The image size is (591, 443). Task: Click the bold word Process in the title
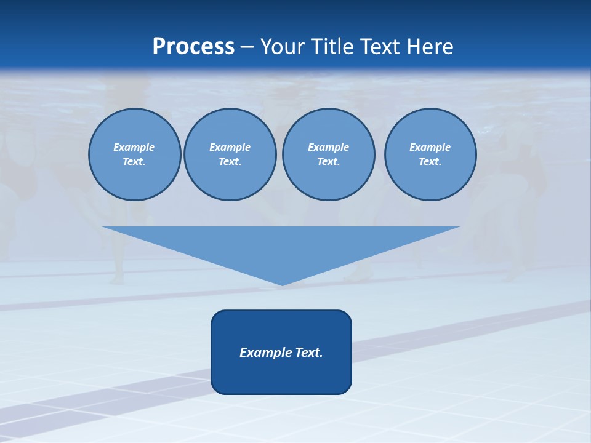193,47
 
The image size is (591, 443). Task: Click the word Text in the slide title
381,47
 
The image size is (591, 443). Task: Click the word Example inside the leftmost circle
134,147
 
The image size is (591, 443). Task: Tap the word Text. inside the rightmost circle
430,162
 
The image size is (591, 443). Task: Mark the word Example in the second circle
230,147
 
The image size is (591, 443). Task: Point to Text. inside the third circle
328,162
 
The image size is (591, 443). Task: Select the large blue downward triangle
281,246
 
